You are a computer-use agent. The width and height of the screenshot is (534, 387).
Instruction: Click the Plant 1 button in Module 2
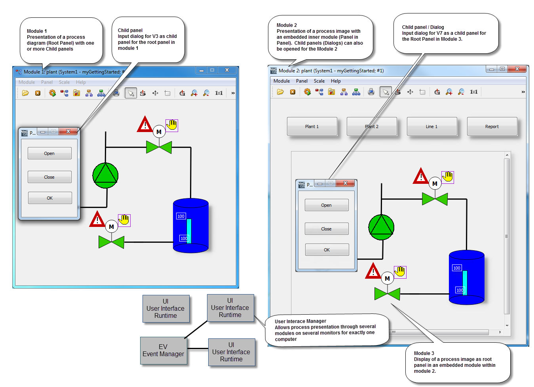click(x=312, y=126)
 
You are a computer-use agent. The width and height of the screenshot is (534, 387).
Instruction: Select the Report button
click(x=492, y=126)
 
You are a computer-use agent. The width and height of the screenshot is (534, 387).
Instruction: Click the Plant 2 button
click(x=372, y=126)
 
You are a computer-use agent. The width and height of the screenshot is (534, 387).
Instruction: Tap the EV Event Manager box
click(x=163, y=350)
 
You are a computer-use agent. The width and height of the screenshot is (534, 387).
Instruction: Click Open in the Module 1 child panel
click(x=49, y=153)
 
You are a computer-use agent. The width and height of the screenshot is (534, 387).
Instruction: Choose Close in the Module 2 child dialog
click(x=327, y=229)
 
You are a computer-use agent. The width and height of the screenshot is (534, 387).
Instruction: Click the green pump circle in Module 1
click(x=105, y=176)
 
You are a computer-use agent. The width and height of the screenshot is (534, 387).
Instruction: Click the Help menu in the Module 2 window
click(x=336, y=81)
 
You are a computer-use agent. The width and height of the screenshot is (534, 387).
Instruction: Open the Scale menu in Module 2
click(x=319, y=81)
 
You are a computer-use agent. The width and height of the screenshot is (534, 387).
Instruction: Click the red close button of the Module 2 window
click(x=517, y=69)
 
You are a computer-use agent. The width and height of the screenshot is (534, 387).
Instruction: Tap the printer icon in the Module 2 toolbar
click(x=371, y=92)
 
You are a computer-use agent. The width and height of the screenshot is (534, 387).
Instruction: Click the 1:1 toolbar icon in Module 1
click(x=219, y=93)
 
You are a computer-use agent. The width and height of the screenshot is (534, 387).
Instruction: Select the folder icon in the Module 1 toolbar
click(x=25, y=93)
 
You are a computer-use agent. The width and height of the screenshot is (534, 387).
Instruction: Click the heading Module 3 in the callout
click(x=424, y=353)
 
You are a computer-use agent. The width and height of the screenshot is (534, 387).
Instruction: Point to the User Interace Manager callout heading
click(x=300, y=321)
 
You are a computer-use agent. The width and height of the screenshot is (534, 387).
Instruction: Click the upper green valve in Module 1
click(x=159, y=147)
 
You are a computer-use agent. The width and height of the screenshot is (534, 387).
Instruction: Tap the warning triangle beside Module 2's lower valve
click(x=373, y=271)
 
